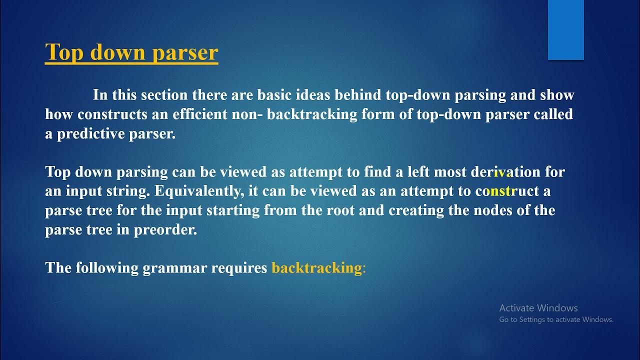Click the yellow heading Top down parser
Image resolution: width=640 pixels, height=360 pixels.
pos(131,52)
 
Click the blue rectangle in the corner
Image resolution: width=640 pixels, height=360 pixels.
pos(565,30)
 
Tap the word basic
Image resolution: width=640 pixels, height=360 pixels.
pos(275,95)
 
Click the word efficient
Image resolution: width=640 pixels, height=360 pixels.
pos(199,114)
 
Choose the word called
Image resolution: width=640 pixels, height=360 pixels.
pos(553,114)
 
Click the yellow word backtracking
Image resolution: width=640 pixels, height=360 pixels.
pos(316,268)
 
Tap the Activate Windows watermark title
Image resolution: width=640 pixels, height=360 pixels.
pos(538,308)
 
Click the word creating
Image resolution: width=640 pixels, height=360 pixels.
pos(415,210)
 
